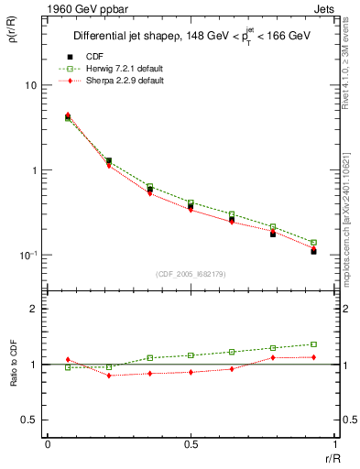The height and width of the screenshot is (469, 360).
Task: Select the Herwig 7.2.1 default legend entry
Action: coord(115,69)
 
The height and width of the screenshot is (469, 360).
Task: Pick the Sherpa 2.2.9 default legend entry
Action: coord(115,81)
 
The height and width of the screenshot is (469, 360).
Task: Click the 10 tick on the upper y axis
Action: coord(31,85)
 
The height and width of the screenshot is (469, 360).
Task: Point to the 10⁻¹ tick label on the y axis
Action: coord(27,255)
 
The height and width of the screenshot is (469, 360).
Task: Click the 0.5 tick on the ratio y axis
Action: coord(32,420)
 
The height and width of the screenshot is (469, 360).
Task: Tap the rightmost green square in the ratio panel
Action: coord(313,344)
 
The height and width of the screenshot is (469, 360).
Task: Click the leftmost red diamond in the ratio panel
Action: coord(68,360)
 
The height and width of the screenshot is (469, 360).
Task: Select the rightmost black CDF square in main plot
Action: coord(313,251)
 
